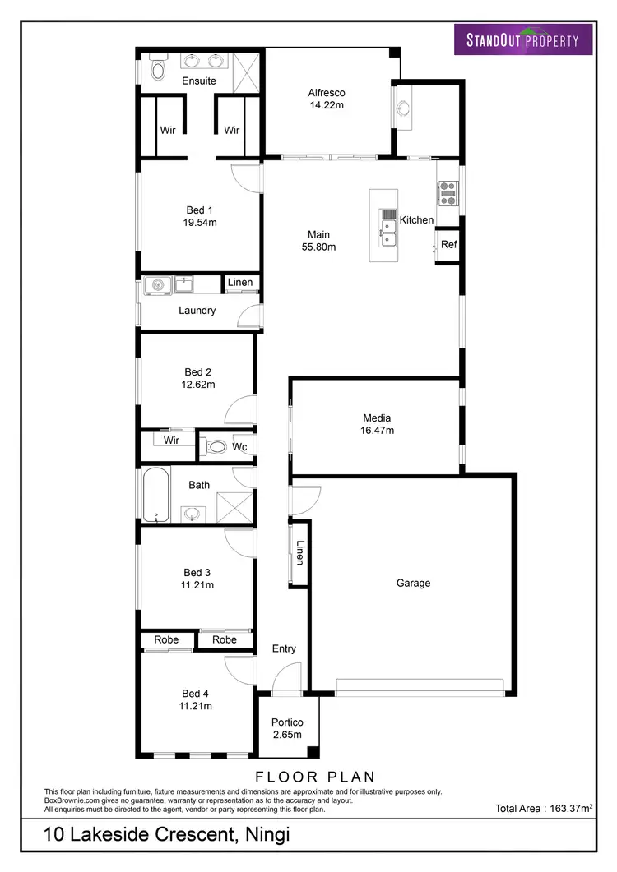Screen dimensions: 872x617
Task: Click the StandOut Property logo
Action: [523, 39]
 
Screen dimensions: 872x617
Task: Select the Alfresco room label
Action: [326, 93]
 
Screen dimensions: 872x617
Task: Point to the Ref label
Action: [448, 244]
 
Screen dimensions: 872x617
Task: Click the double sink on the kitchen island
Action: [387, 228]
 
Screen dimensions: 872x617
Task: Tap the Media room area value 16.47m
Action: [378, 430]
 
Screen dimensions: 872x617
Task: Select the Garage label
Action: [413, 583]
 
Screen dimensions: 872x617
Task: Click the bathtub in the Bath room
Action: [156, 495]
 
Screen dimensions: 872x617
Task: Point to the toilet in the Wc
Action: [216, 447]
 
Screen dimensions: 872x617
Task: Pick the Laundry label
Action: [197, 311]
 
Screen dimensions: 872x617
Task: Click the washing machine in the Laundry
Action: [156, 285]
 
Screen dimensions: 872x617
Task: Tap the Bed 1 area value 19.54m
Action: [200, 222]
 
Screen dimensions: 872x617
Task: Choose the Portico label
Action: [287, 722]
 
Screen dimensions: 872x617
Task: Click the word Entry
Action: [284, 648]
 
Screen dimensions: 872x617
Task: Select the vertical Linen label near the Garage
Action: [300, 553]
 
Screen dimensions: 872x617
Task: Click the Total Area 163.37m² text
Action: [544, 809]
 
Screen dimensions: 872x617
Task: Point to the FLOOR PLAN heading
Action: [315, 776]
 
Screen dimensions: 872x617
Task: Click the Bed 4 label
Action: [197, 693]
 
